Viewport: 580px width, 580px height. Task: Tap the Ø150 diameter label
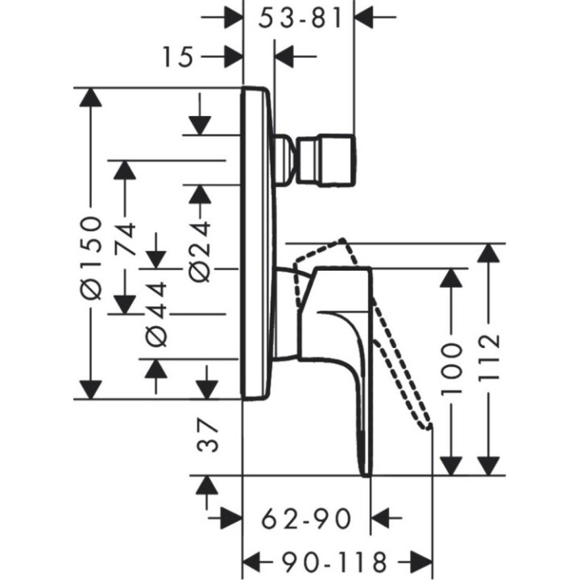(94, 257)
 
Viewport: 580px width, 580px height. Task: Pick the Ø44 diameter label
(156, 313)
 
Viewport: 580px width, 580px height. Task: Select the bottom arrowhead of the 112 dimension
(489, 465)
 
